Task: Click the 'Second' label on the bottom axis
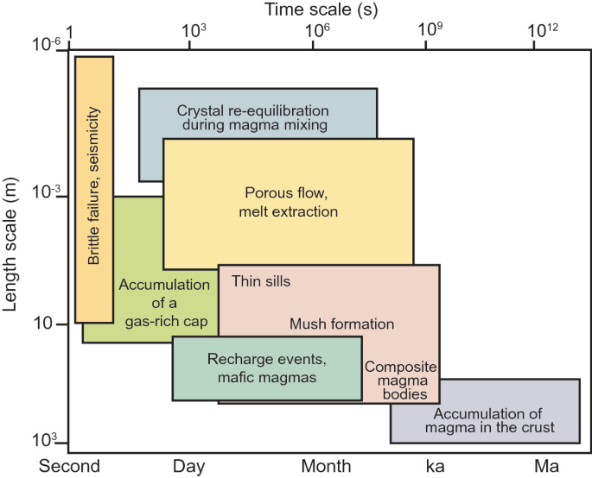click(x=70, y=467)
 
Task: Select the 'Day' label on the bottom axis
click(x=189, y=467)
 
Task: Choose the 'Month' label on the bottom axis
click(x=326, y=467)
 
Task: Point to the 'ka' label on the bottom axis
click(x=436, y=467)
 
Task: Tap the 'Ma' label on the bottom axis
click(x=546, y=467)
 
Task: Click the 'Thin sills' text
click(x=261, y=281)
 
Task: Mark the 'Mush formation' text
click(x=341, y=324)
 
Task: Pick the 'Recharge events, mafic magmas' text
click(x=267, y=368)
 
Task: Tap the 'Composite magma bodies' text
click(x=400, y=381)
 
